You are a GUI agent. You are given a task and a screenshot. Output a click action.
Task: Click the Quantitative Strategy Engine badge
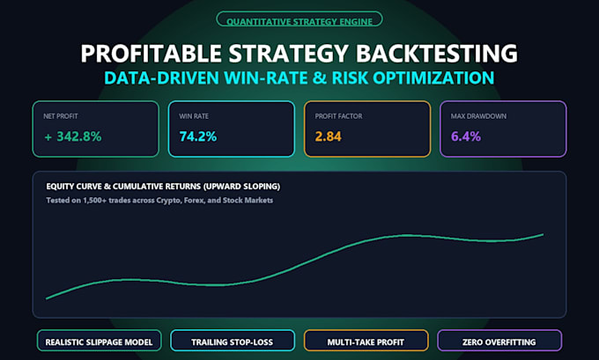(299, 19)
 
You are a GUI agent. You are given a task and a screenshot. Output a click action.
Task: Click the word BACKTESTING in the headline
(437, 53)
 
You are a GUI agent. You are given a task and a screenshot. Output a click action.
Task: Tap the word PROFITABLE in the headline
(151, 53)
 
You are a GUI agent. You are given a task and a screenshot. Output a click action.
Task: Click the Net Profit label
(61, 116)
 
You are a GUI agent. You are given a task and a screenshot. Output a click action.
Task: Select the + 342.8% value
(73, 136)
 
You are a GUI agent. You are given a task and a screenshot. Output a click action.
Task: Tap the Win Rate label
(194, 116)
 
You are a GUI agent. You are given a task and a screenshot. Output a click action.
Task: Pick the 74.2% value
(198, 136)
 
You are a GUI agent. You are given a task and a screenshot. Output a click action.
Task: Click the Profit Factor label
(338, 116)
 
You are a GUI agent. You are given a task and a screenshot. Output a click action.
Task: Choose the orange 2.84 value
(329, 136)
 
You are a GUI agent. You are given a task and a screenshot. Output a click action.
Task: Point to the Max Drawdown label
(478, 116)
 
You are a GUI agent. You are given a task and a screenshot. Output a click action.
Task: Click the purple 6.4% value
(466, 136)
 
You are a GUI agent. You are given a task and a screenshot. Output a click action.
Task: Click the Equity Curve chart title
(163, 187)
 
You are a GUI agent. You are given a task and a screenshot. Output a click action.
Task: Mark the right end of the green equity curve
(543, 234)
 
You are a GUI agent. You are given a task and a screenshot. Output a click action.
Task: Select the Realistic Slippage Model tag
(99, 341)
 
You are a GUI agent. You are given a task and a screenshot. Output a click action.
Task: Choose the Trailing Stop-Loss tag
(233, 341)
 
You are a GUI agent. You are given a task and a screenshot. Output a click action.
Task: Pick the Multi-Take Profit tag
(366, 341)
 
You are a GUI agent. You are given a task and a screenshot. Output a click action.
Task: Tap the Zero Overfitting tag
(499, 341)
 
